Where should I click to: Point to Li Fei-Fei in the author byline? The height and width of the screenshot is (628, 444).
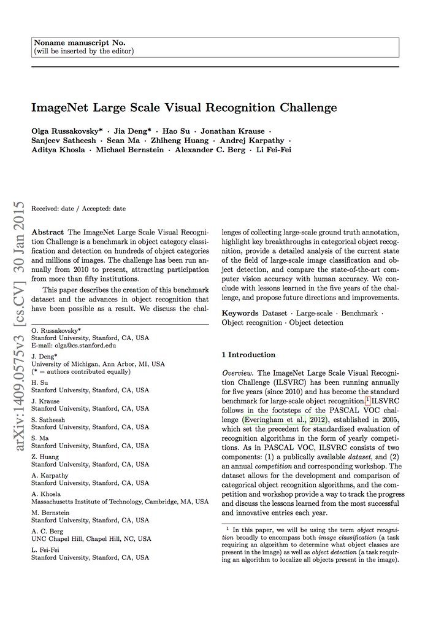coord(273,150)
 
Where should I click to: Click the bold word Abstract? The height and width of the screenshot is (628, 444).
coord(47,233)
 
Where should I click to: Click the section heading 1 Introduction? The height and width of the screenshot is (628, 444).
coord(248,354)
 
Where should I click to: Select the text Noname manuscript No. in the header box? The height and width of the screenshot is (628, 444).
coord(80,43)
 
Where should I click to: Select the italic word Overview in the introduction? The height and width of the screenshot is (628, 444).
coord(238,373)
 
